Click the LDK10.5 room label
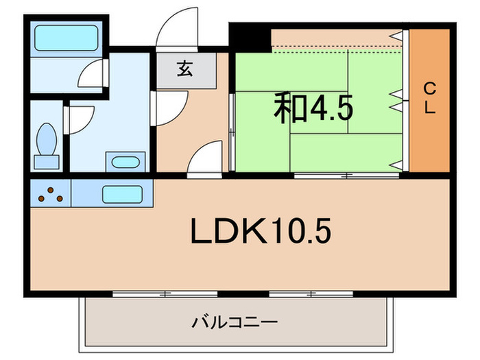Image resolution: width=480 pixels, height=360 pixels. pos(260,232)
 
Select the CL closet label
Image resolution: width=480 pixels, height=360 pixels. pos(429,99)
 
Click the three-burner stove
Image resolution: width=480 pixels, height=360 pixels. pos(50,195)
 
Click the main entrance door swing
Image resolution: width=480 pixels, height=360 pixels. pos(176,29)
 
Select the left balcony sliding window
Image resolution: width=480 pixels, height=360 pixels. pos(165,293)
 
